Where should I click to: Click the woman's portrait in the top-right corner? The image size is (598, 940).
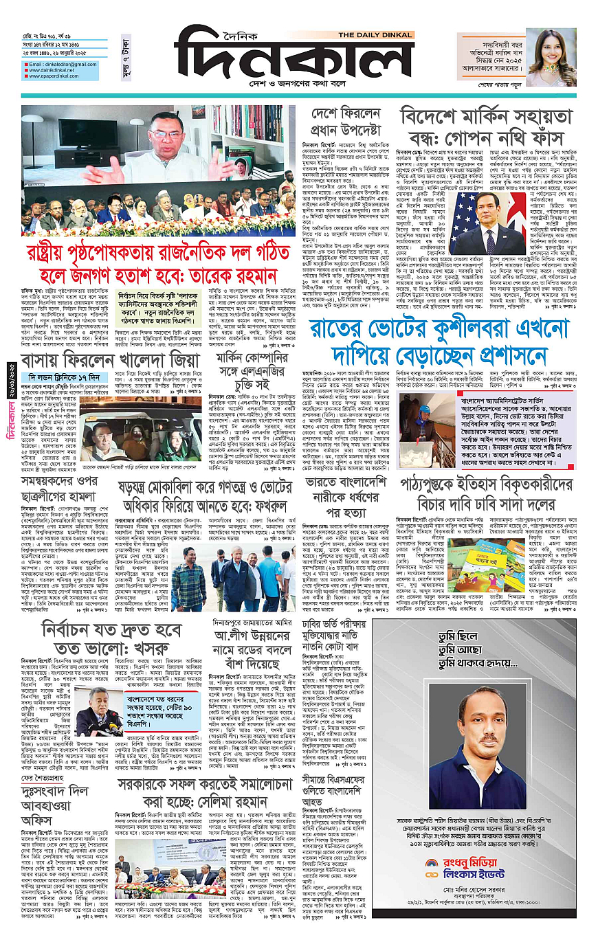pos(551,57)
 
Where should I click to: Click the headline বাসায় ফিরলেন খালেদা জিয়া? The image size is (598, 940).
pos(105,359)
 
